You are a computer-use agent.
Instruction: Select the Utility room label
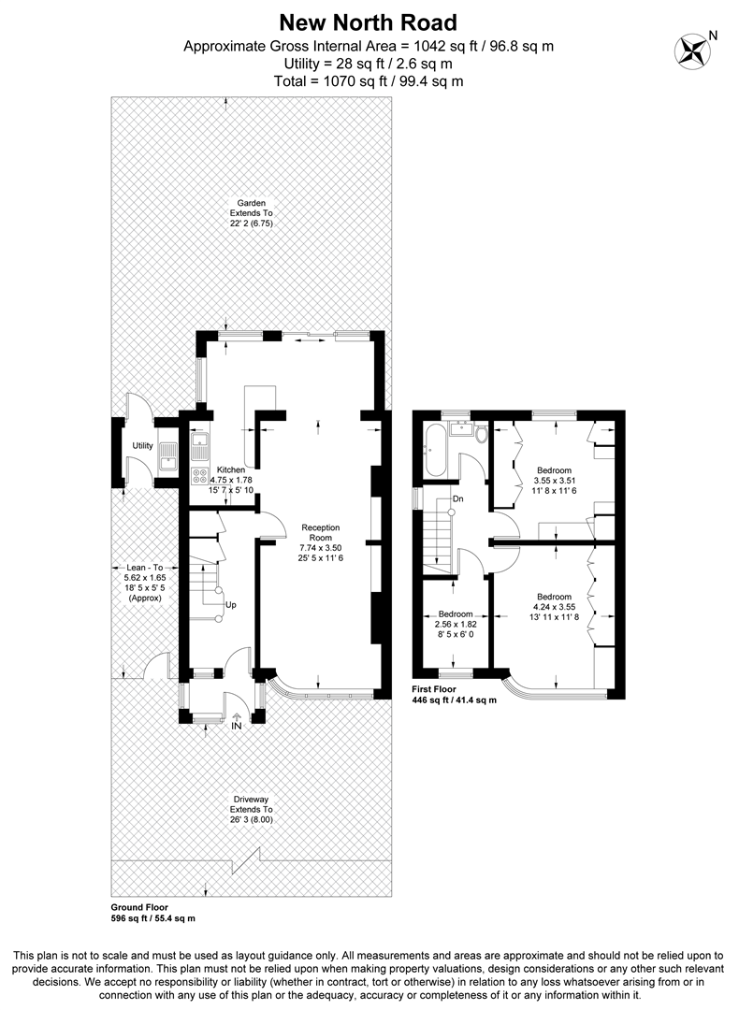click(142, 445)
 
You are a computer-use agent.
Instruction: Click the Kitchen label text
click(231, 469)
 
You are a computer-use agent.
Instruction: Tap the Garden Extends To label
click(251, 203)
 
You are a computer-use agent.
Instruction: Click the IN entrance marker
click(237, 725)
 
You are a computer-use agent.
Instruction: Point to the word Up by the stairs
click(231, 604)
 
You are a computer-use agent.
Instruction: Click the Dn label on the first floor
click(458, 498)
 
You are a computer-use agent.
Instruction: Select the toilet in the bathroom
click(481, 434)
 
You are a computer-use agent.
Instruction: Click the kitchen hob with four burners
click(200, 474)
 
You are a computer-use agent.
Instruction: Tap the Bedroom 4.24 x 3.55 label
click(554, 597)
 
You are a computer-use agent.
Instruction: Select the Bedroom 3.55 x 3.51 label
click(554, 469)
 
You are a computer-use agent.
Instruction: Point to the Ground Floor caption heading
click(138, 907)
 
